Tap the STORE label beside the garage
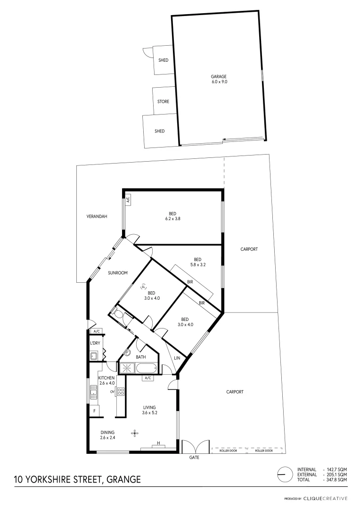point(163,101)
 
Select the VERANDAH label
point(97,217)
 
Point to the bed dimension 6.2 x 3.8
point(173,219)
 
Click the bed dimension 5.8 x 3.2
point(197,265)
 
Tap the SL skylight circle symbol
point(144,286)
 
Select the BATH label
point(141,357)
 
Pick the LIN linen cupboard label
point(177,358)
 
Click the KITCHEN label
point(106,378)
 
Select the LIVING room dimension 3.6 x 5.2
point(149,413)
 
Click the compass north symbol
point(284,474)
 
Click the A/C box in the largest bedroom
point(127,200)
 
